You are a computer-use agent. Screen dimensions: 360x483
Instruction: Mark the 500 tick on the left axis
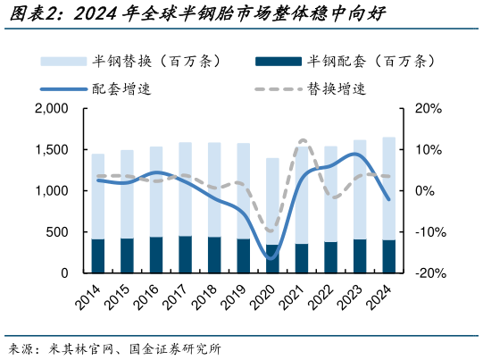click(x=56, y=232)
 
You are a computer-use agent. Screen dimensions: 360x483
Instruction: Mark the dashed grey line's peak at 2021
click(x=302, y=140)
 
